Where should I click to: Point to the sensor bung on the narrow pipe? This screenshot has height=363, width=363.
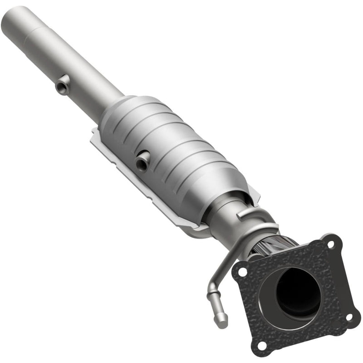pyautogui.click(x=61, y=85)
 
